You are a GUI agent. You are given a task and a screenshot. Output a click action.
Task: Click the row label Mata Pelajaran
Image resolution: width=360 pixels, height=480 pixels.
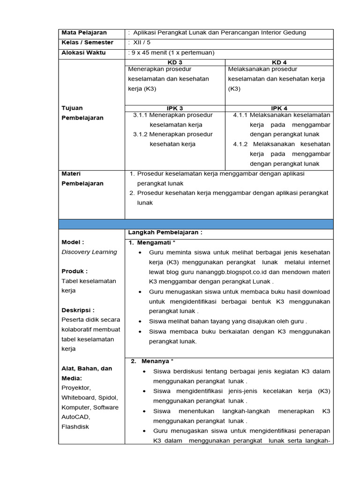(84, 33)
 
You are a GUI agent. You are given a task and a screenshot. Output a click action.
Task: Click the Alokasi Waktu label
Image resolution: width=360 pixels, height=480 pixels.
(83, 52)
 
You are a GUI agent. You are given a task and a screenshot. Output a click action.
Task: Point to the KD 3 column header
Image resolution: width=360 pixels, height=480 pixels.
(175, 62)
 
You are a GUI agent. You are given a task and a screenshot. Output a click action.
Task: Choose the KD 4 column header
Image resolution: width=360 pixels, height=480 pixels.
(279, 62)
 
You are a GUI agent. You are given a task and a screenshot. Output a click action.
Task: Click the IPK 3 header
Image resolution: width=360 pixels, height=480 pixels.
(175, 108)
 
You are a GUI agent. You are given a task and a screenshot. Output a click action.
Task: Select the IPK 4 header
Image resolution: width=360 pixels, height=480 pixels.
(279, 108)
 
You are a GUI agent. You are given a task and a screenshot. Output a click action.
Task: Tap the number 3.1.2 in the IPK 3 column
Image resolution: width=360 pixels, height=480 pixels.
(140, 135)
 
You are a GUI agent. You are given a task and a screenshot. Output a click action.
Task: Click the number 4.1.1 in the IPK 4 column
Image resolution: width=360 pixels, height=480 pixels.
(240, 115)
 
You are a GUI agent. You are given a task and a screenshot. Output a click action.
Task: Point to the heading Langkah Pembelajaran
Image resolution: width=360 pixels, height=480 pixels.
(165, 232)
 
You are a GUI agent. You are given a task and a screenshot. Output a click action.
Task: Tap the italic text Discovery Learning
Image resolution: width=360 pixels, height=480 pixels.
(90, 252)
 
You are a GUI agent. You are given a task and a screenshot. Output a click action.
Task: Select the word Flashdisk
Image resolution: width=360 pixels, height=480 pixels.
(75, 427)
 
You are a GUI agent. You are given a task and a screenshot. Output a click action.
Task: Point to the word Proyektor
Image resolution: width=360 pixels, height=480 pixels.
(76, 388)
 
